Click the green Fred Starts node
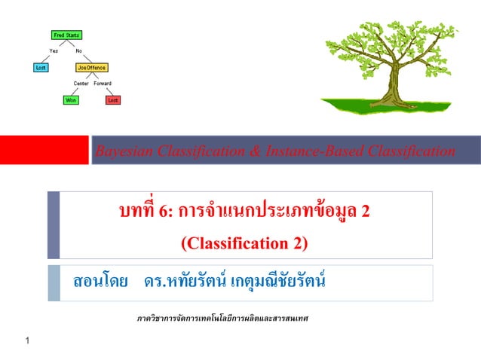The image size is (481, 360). click(67, 35)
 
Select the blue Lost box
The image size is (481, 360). click(41, 67)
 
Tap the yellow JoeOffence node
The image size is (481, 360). click(91, 67)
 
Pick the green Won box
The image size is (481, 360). click(69, 99)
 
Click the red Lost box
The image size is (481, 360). click(112, 99)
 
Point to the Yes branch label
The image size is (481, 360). click(54, 50)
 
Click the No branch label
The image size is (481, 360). click(79, 50)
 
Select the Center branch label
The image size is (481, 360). click(81, 83)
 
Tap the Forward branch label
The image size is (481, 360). click(103, 83)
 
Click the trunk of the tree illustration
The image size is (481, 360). click(397, 83)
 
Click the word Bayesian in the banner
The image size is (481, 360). click(121, 152)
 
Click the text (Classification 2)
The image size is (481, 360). click(244, 243)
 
